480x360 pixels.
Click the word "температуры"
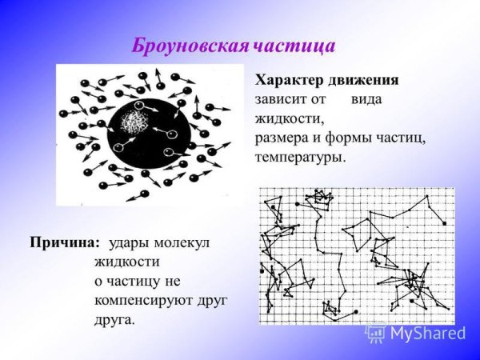300,157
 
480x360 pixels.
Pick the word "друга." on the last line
114,319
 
